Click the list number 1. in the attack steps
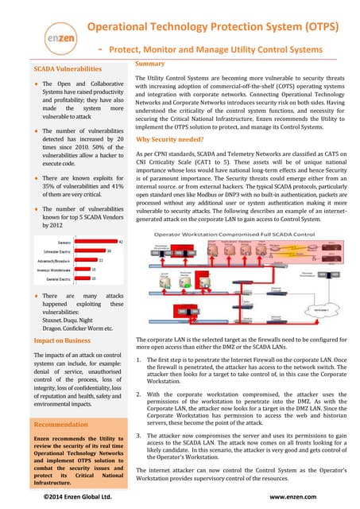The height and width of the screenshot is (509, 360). tap(140, 360)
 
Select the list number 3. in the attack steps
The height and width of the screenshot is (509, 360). tap(140, 437)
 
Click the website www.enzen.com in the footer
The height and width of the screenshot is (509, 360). tap(294, 496)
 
